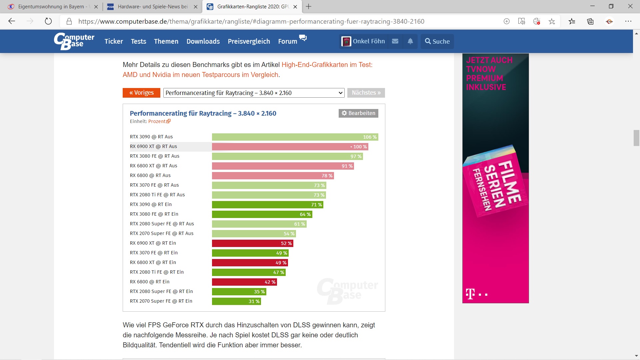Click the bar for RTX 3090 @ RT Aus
click(x=295, y=137)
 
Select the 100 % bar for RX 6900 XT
click(x=290, y=147)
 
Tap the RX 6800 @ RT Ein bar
click(x=244, y=282)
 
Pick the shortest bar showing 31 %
click(x=236, y=301)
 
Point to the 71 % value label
click(x=316, y=205)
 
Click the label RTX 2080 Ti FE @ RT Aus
click(x=157, y=195)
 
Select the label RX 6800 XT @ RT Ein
click(x=153, y=262)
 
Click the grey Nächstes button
click(x=366, y=93)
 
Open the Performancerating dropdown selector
click(x=254, y=93)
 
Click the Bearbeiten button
click(x=358, y=113)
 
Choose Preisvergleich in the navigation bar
click(x=249, y=41)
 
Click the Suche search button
click(x=437, y=41)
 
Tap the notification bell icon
click(x=410, y=41)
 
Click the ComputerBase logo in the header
click(x=74, y=41)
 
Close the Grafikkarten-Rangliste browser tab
click(x=295, y=7)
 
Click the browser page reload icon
click(x=48, y=21)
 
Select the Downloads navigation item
click(x=203, y=41)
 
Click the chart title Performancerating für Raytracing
click(x=203, y=113)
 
